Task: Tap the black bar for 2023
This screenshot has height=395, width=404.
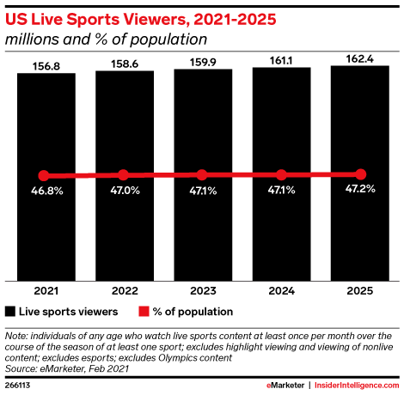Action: (202, 129)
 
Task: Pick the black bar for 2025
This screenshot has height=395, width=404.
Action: (360, 129)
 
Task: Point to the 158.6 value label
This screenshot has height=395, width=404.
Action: (123, 61)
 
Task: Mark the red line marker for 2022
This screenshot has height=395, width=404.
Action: (123, 175)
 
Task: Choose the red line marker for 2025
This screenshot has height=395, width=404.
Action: (360, 173)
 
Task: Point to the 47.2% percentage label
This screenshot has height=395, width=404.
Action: (360, 189)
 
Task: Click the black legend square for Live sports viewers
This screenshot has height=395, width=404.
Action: (11, 312)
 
